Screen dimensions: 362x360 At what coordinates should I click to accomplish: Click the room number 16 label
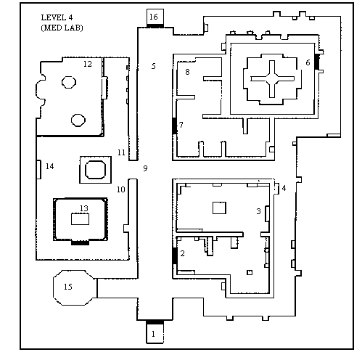click(x=154, y=17)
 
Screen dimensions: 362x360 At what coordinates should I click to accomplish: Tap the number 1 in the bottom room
click(x=153, y=334)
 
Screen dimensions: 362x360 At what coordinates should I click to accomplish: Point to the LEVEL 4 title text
click(x=57, y=17)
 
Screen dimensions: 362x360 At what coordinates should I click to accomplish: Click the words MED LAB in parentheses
click(x=62, y=28)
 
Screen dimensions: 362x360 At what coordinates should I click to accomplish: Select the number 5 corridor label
click(x=154, y=66)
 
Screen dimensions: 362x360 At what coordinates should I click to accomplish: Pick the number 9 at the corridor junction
click(x=145, y=168)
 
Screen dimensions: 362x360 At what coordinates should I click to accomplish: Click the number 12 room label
click(x=88, y=64)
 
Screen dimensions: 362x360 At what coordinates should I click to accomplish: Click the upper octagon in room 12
click(x=69, y=82)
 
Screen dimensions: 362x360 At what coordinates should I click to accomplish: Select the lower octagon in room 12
click(x=78, y=120)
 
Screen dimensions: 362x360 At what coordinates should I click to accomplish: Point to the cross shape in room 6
click(x=272, y=79)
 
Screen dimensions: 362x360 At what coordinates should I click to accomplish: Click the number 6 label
click(x=308, y=62)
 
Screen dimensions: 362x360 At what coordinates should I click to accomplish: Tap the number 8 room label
click(x=187, y=72)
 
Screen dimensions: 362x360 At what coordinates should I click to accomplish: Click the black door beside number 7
click(x=174, y=126)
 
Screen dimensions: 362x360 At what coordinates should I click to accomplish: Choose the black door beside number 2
click(x=174, y=255)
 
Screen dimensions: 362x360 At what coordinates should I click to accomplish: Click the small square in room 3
click(x=219, y=208)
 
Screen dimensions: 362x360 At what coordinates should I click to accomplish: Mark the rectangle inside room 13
click(x=80, y=219)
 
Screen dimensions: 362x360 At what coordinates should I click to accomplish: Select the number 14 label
click(x=50, y=166)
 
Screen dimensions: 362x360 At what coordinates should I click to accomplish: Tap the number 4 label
click(x=284, y=188)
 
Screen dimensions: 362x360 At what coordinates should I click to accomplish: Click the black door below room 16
click(x=155, y=25)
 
